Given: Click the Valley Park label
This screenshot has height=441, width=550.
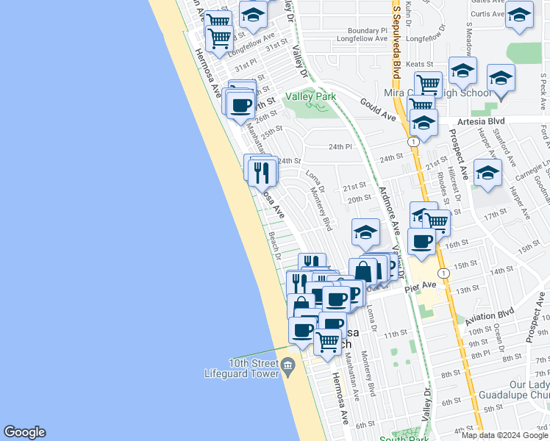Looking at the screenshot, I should click(x=310, y=97).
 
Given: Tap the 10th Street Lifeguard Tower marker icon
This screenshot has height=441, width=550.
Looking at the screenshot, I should click(x=287, y=365).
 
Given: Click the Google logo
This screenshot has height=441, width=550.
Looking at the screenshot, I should click(x=24, y=432).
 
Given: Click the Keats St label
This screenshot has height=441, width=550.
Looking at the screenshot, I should click(x=421, y=64).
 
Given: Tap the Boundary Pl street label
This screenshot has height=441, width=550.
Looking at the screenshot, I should click(x=362, y=31).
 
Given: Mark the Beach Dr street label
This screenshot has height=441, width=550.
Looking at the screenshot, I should click(x=275, y=246).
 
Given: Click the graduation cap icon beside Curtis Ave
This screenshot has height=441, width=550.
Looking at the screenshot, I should click(x=519, y=15).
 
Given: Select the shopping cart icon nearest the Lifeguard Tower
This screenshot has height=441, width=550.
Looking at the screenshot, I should click(x=327, y=340).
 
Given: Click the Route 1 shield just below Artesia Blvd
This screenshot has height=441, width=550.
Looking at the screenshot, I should click(x=415, y=141).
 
